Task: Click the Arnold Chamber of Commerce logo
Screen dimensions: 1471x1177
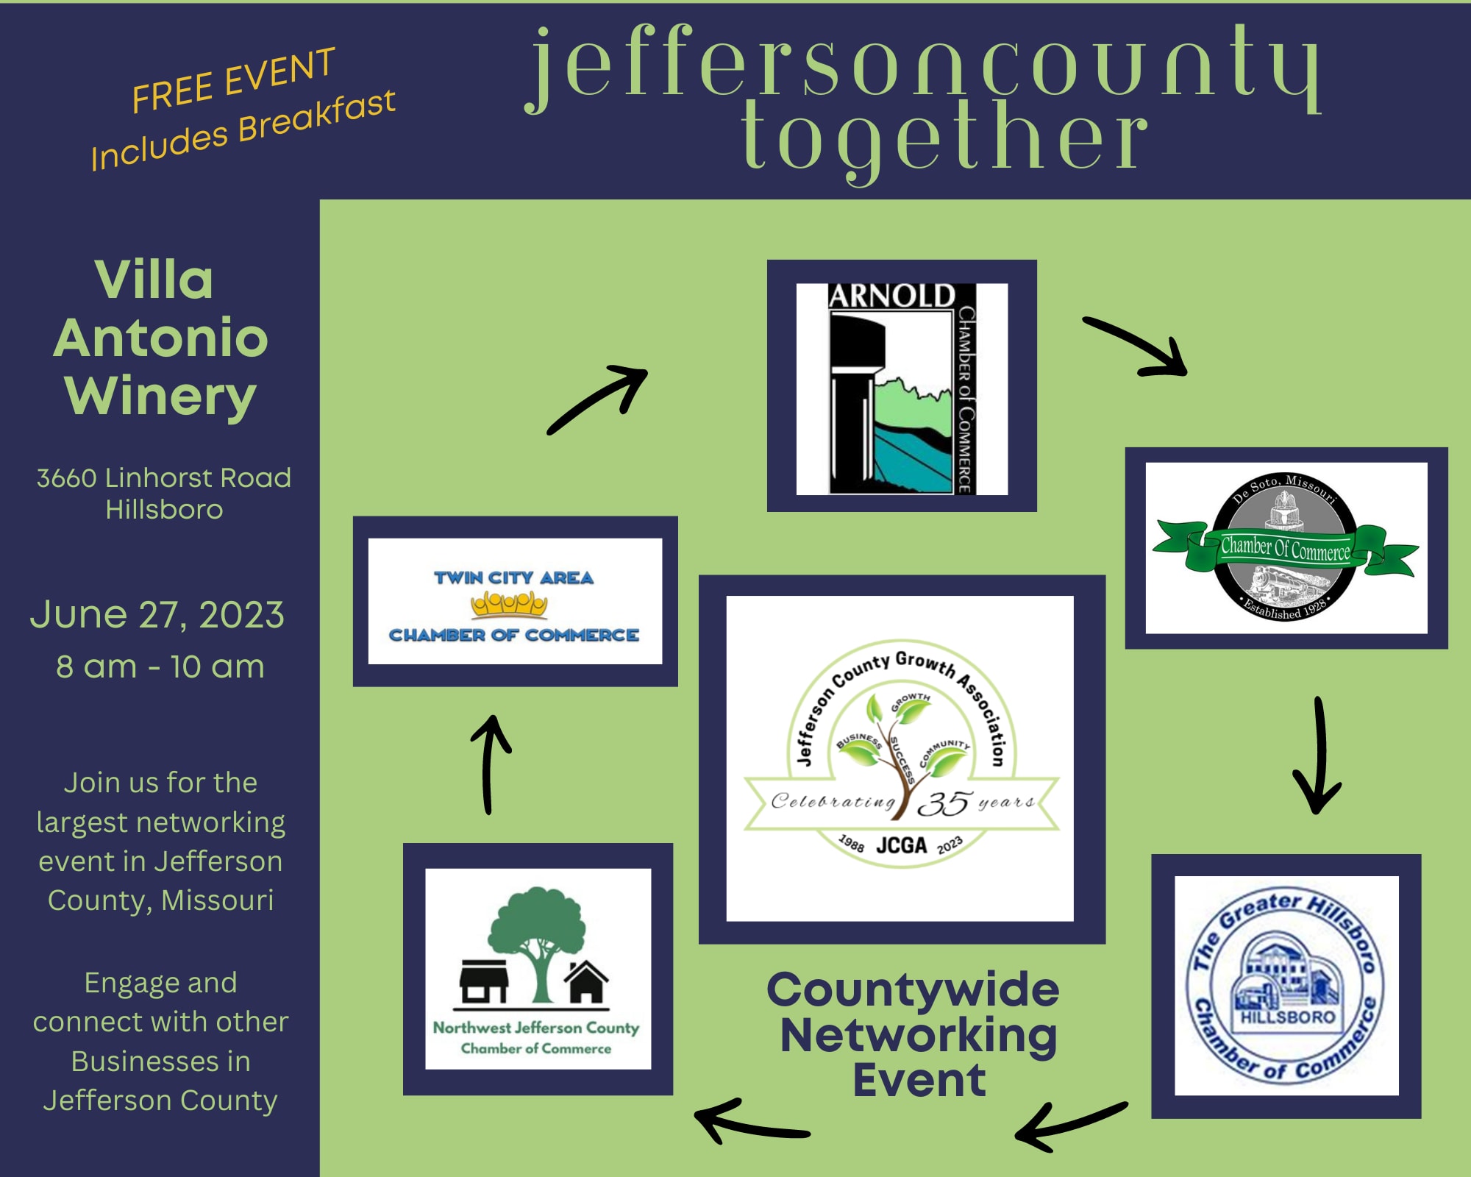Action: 902,388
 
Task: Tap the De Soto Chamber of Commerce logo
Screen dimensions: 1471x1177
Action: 1286,547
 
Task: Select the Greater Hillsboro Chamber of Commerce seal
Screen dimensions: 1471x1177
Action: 1286,986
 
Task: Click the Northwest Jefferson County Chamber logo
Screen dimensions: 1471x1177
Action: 538,969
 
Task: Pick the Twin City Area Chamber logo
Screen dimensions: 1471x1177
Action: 515,601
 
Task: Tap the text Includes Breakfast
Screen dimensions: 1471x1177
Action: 243,130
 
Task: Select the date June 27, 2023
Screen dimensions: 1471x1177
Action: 157,614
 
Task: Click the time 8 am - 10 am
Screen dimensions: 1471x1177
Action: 160,666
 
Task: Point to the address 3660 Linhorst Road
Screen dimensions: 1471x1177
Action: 164,478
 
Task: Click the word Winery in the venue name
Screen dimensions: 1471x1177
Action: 160,397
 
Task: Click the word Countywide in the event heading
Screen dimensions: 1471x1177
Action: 913,989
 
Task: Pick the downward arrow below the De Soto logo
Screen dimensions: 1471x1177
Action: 1319,754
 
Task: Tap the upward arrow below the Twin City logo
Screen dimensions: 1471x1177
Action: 488,765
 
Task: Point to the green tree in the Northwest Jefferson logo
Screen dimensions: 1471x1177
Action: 538,942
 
